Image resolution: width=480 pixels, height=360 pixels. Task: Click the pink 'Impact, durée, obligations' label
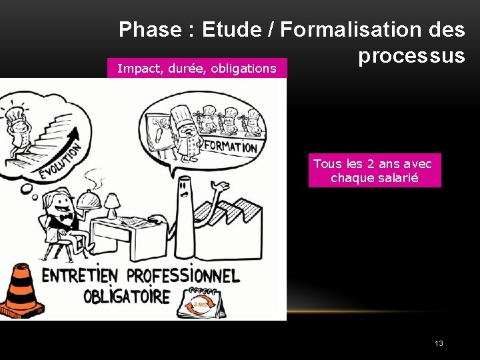pyautogui.click(x=197, y=68)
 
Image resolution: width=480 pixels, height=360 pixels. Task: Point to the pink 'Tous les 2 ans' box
pyautogui.click(x=374, y=171)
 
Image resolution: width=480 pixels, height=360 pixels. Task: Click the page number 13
pyautogui.click(x=438, y=343)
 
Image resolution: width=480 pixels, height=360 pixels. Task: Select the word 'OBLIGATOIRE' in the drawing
pyautogui.click(x=127, y=296)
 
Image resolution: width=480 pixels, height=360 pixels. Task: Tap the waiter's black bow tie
pyautogui.click(x=65, y=217)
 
